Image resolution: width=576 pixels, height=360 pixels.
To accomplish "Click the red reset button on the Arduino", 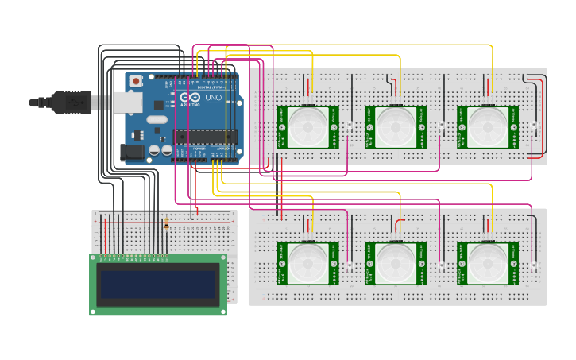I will click(137, 81).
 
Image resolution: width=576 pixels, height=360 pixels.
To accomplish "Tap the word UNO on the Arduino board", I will click(213, 98).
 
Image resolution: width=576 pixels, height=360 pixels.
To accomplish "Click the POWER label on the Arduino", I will click(199, 149).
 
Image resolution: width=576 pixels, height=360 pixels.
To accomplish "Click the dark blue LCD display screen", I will click(157, 284).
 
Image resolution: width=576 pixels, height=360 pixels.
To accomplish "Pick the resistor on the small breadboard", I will click(166, 224).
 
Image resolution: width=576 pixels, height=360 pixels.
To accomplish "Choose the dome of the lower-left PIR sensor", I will click(307, 263).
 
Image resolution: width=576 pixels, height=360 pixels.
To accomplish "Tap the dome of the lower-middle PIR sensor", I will click(395, 263).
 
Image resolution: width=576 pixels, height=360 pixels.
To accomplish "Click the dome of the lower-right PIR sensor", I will click(486, 263).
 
